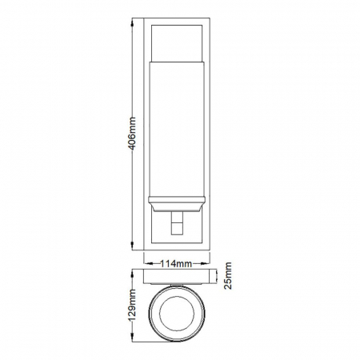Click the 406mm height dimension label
click(x=132, y=134)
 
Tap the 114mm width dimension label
click(x=176, y=264)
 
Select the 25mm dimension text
click(x=228, y=275)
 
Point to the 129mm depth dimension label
click(x=132, y=306)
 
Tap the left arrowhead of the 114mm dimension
click(x=148, y=264)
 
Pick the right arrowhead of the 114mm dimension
click(x=206, y=264)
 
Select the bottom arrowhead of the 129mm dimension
click(x=132, y=338)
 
